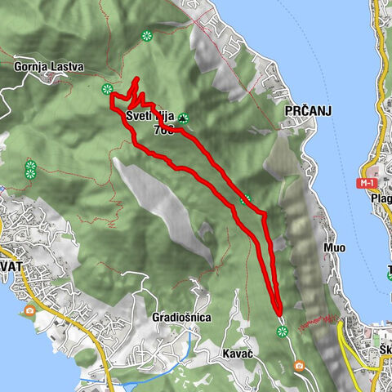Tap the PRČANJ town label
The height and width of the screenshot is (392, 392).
(307, 111)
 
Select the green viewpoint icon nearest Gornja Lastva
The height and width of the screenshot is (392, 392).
(107, 89)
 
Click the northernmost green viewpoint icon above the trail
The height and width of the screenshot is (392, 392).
(146, 35)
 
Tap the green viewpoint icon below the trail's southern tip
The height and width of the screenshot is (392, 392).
(282, 331)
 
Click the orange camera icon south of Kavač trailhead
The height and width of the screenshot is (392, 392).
(299, 365)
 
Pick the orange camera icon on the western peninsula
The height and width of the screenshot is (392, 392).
(30, 310)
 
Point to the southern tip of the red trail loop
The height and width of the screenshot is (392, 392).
(278, 313)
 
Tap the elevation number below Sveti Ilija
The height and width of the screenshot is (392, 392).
(163, 129)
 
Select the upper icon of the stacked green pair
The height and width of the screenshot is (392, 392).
(30, 165)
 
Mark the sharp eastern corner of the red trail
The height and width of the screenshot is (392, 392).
(265, 214)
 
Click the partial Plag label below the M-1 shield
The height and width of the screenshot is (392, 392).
(381, 198)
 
